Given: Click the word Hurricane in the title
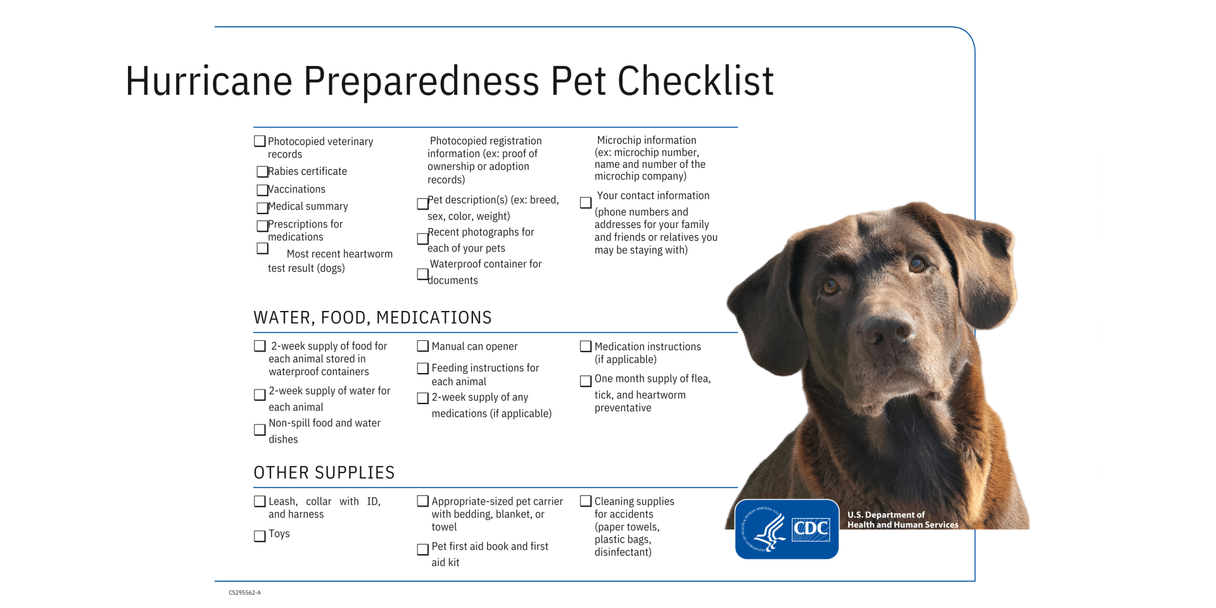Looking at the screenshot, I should point(208,81).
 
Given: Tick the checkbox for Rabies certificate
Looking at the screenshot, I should point(262,172).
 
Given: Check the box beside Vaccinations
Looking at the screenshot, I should point(262,190).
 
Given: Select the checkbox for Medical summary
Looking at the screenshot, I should point(262,208).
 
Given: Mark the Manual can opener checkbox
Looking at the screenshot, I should point(422,346).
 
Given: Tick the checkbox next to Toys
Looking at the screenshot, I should point(260,536).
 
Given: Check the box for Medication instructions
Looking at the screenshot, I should point(586,346).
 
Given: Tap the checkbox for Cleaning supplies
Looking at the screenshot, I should point(586,502).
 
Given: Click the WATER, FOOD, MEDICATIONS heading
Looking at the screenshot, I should point(372,318).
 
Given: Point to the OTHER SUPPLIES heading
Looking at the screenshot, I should point(324,473).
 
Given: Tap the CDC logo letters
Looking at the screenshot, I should point(811,529).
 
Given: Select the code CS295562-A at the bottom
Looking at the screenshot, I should point(244,593).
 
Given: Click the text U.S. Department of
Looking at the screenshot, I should point(885,515).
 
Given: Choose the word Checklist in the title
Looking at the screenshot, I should point(695,81).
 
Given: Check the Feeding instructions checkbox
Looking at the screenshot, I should point(422,369).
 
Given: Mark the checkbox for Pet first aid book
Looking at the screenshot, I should point(422,549).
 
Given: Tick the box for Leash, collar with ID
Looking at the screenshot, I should point(260,502).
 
